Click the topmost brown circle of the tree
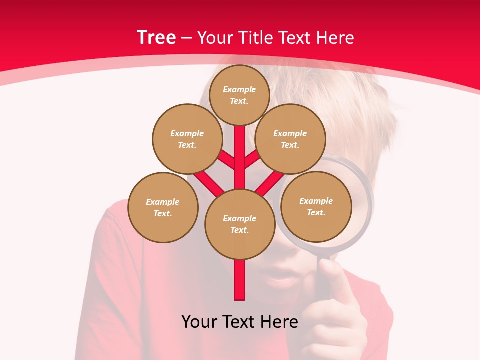tap(239, 95)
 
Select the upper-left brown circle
tap(187, 139)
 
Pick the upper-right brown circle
tap(290, 139)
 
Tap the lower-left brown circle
tap(163, 207)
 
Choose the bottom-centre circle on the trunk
tap(240, 224)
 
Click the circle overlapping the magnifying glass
tap(316, 206)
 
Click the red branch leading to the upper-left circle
tap(227, 159)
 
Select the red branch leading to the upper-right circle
tap(252, 159)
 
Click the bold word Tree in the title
tap(156, 37)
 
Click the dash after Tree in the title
tap(186, 38)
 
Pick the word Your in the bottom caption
tap(199, 322)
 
